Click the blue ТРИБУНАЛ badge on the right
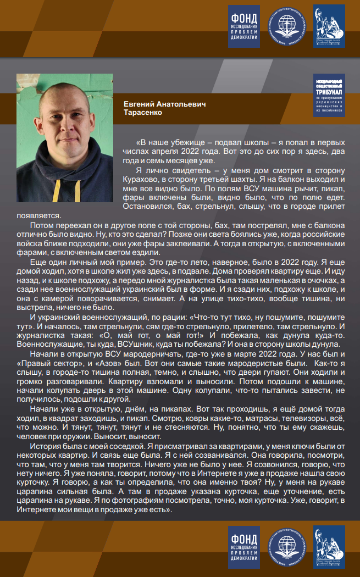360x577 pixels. [x=329, y=96]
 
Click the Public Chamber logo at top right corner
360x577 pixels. [x=329, y=25]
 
